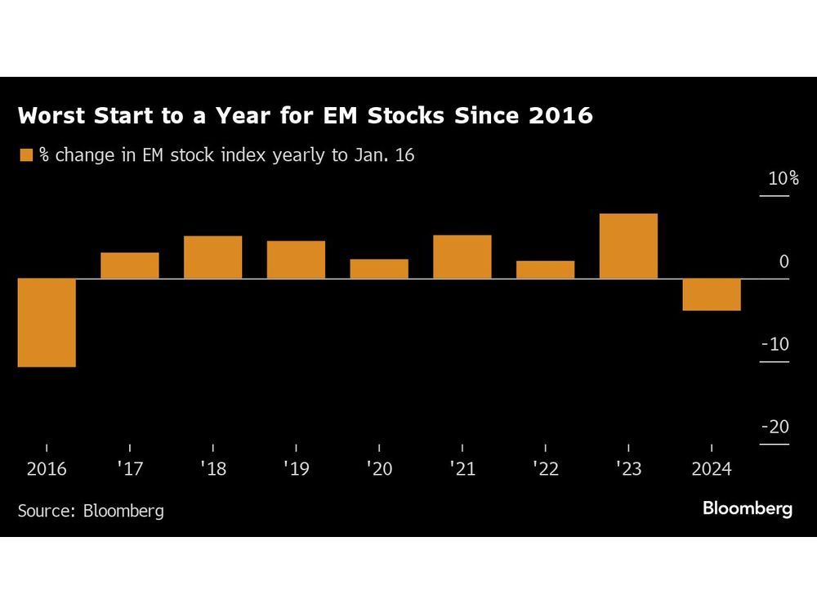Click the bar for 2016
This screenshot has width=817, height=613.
[47, 323]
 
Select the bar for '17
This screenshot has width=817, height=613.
[130, 266]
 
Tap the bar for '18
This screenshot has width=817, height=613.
[212, 257]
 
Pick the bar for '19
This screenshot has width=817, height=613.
[296, 260]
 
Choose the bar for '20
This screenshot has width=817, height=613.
[379, 269]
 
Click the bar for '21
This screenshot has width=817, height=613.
[462, 257]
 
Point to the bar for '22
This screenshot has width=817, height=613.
[545, 270]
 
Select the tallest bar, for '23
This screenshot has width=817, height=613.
[628, 246]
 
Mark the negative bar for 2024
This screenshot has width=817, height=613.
[712, 295]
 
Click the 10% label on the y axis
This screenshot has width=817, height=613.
[783, 179]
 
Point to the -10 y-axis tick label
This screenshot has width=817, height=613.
[775, 344]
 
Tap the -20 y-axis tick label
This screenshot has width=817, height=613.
[775, 427]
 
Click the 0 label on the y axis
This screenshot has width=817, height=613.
[784, 262]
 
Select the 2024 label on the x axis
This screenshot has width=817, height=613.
[712, 469]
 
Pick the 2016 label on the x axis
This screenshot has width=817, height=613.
[47, 469]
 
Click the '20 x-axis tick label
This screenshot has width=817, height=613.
[379, 469]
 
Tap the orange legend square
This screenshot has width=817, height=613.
[26, 155]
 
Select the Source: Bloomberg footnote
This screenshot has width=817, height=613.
[91, 511]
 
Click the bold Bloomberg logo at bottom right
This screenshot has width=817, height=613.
[747, 508]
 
